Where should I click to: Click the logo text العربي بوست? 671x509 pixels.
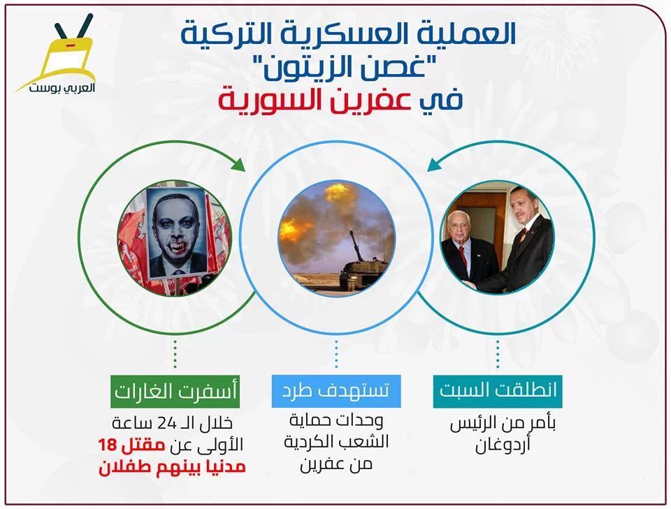point(62,88)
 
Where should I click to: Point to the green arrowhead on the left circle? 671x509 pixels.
point(238,164)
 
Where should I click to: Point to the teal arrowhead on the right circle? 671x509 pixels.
point(434,165)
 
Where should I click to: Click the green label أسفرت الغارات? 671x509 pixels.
point(175,391)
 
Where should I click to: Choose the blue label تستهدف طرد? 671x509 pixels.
point(336,391)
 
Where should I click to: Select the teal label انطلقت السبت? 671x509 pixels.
point(498,391)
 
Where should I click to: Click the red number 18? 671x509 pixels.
point(107,445)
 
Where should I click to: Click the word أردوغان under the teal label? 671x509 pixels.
point(503,445)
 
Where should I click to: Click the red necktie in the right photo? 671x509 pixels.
point(463,257)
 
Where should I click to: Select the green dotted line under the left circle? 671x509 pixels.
point(175,354)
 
